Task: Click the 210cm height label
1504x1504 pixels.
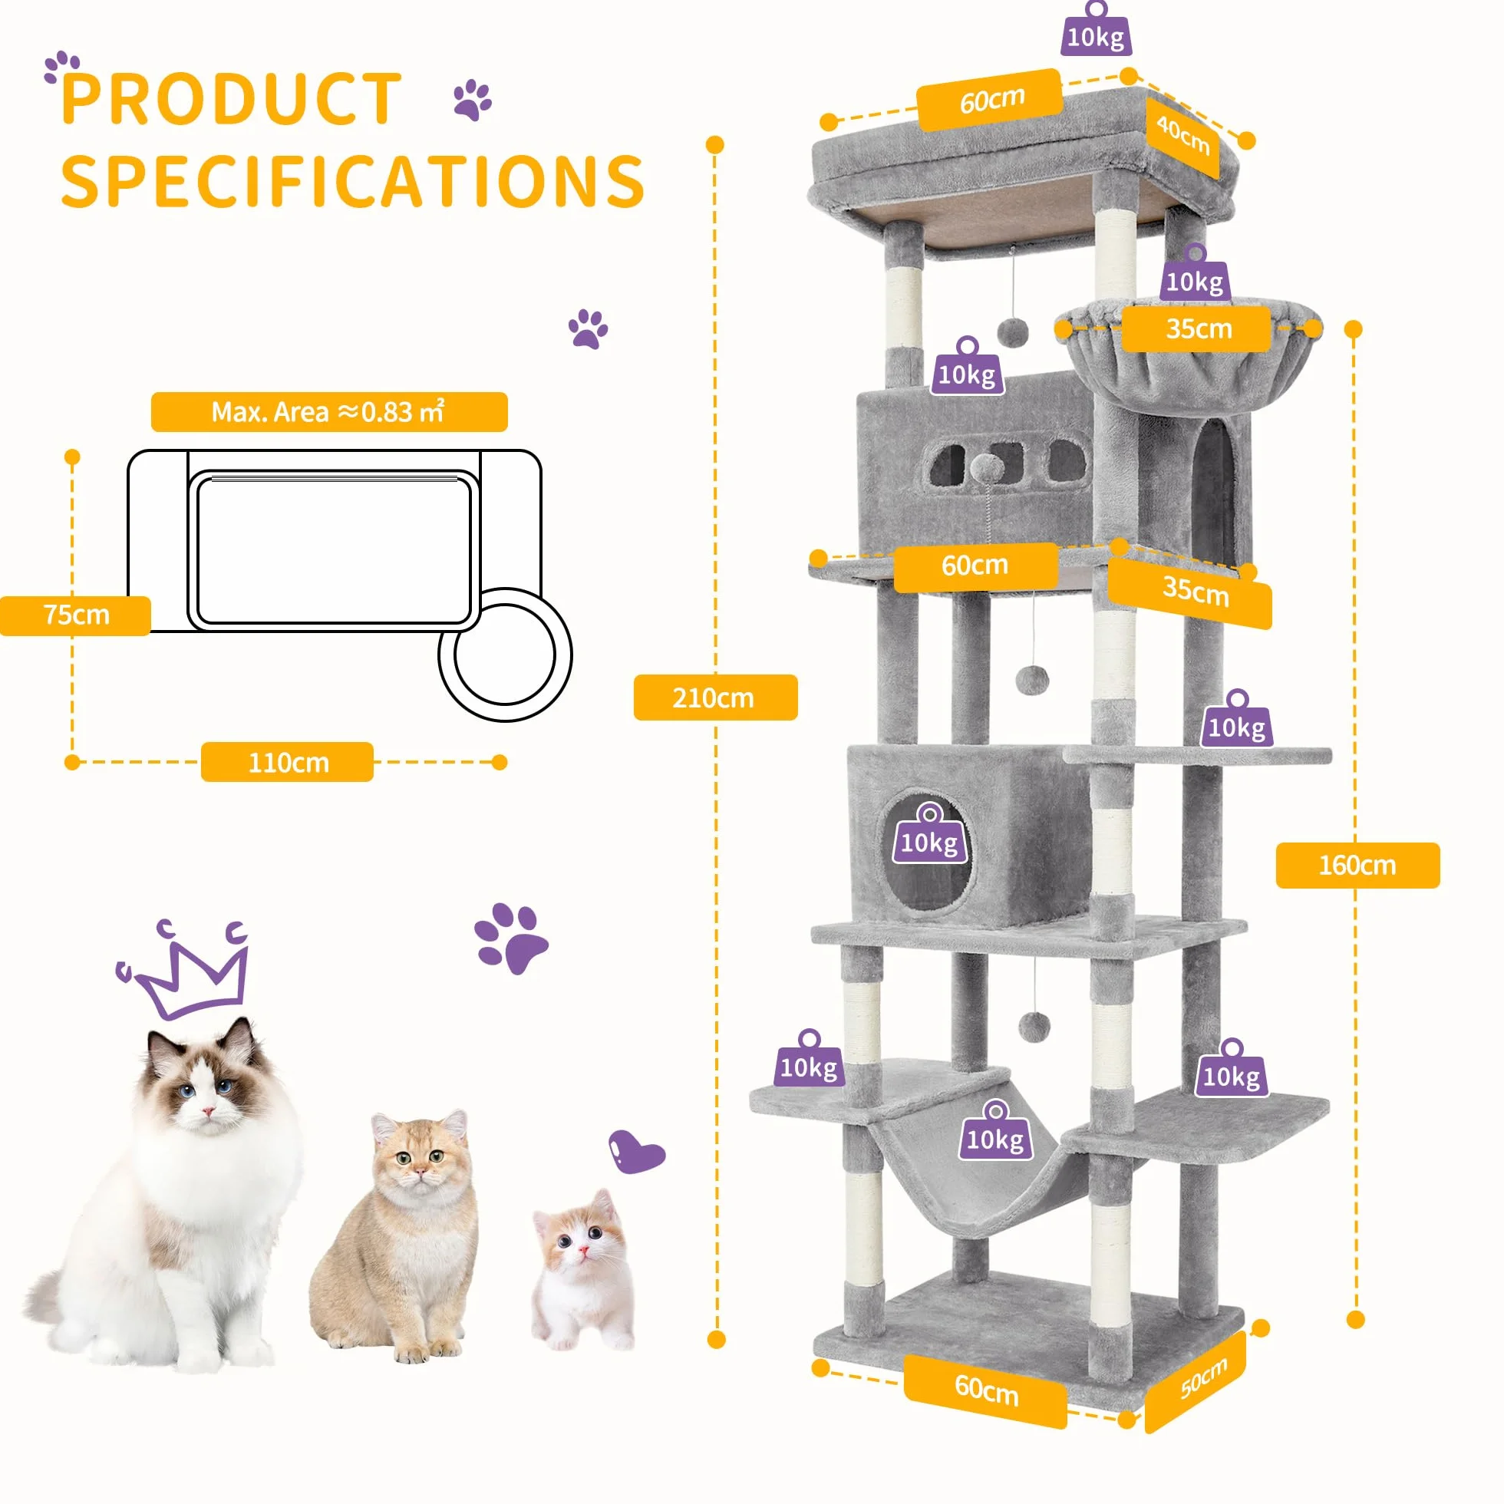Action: tap(714, 697)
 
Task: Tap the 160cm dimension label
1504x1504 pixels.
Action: tap(1357, 865)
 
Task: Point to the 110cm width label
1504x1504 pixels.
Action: tap(287, 761)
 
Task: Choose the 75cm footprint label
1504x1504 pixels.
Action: tap(75, 615)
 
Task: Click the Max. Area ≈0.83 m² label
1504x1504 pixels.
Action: tap(328, 411)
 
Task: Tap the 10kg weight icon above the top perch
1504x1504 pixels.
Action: tap(1096, 30)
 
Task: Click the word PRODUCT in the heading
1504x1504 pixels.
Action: tap(231, 99)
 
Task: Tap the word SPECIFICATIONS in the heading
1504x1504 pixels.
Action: tap(353, 181)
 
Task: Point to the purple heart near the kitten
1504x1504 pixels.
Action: tap(636, 1151)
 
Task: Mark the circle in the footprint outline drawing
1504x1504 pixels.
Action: tap(505, 655)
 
